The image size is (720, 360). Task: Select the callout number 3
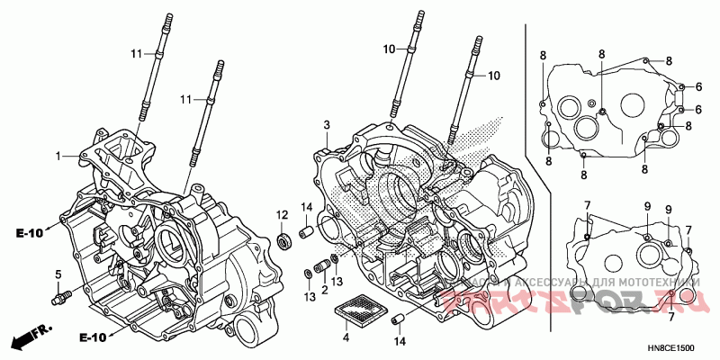(328, 124)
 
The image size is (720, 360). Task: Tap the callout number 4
(345, 338)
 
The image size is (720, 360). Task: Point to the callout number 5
(58, 274)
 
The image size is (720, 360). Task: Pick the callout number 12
(281, 214)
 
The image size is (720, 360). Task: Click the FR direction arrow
(28, 339)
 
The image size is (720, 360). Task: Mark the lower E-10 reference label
(30, 337)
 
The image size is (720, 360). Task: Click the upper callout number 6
(697, 87)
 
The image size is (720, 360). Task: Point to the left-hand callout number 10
(389, 49)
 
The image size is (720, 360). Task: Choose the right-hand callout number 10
(492, 76)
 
